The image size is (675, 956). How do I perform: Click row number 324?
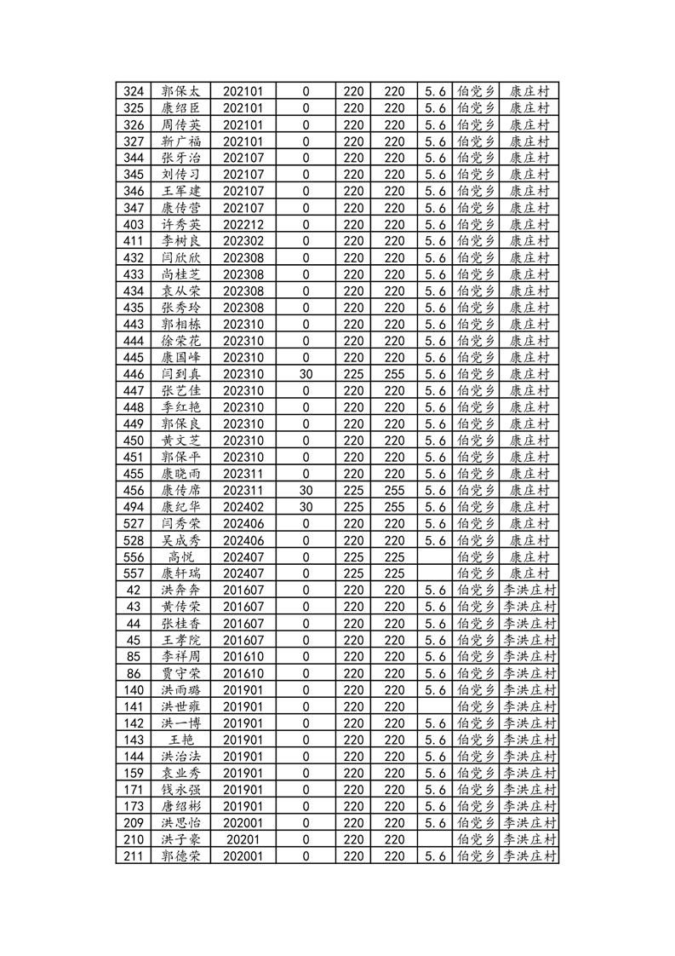pos(133,92)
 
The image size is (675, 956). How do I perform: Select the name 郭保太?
pos(180,92)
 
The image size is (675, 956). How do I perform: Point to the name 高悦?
pos(180,556)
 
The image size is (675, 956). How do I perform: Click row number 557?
pos(133,573)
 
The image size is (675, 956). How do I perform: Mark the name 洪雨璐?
pos(180,689)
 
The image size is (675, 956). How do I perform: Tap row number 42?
pos(133,590)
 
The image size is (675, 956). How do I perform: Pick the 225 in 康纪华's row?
pos(353,507)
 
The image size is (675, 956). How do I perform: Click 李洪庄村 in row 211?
pos(529,855)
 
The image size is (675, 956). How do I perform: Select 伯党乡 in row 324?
pos(476,92)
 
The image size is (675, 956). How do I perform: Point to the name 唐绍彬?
pos(180,806)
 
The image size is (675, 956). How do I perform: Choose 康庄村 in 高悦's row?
pos(529,556)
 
